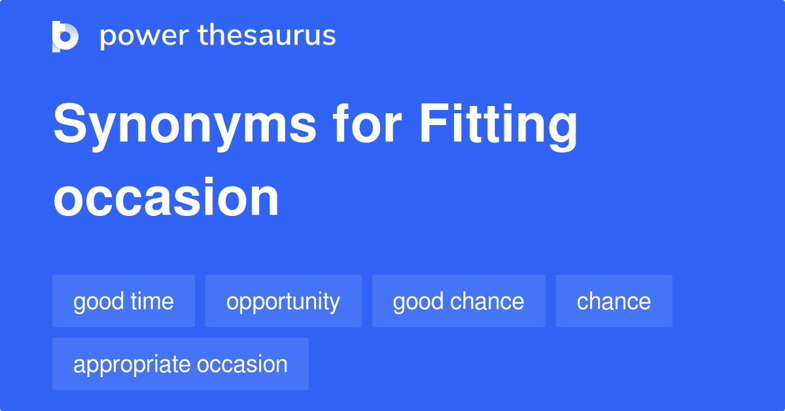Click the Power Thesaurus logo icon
point(65,36)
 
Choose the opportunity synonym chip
point(283,302)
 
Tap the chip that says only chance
point(614,302)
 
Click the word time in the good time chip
point(151,302)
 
